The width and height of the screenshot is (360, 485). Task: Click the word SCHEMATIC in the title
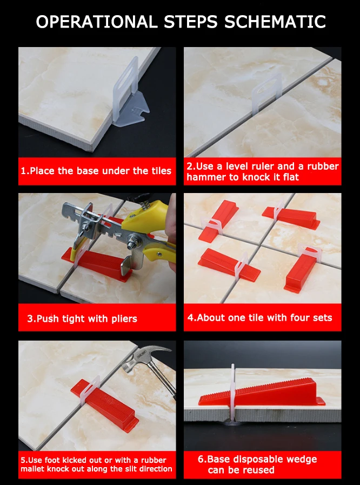click(x=275, y=22)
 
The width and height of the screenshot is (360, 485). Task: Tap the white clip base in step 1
click(x=130, y=93)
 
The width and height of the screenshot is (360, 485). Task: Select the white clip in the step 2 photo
click(x=266, y=93)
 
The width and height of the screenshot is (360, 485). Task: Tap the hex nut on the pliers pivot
click(x=136, y=239)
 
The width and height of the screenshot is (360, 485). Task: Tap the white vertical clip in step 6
click(x=232, y=393)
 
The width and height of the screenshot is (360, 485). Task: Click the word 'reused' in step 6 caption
click(x=258, y=470)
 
